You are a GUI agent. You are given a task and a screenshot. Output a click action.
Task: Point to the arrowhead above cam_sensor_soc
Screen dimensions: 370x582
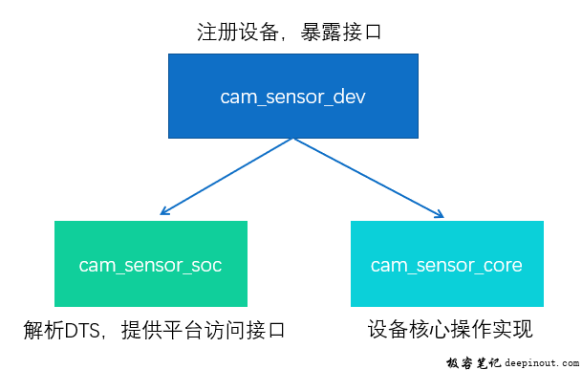[164, 212]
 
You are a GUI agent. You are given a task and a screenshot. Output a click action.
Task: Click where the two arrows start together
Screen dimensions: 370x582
[293, 138]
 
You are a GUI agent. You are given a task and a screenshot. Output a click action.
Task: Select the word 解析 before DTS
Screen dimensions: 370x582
[43, 332]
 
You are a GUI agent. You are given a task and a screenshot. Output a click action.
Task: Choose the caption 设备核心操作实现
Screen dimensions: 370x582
[449, 331]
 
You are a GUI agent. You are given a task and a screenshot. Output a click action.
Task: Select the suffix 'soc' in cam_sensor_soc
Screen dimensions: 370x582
[207, 265]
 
